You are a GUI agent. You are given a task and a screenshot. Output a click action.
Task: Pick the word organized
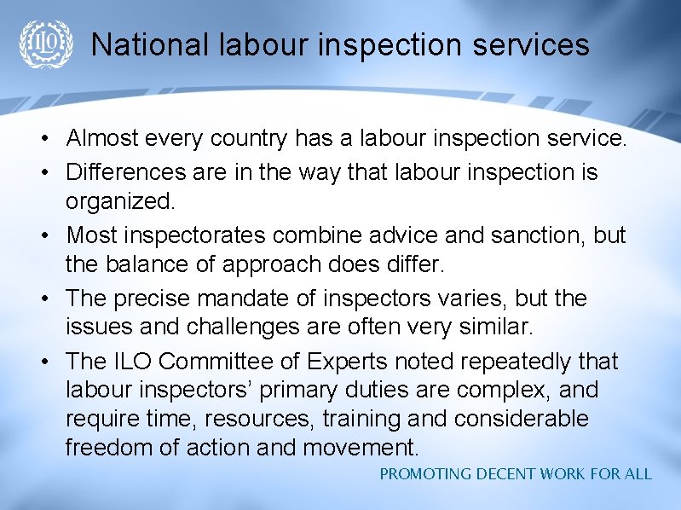coord(119,203)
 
